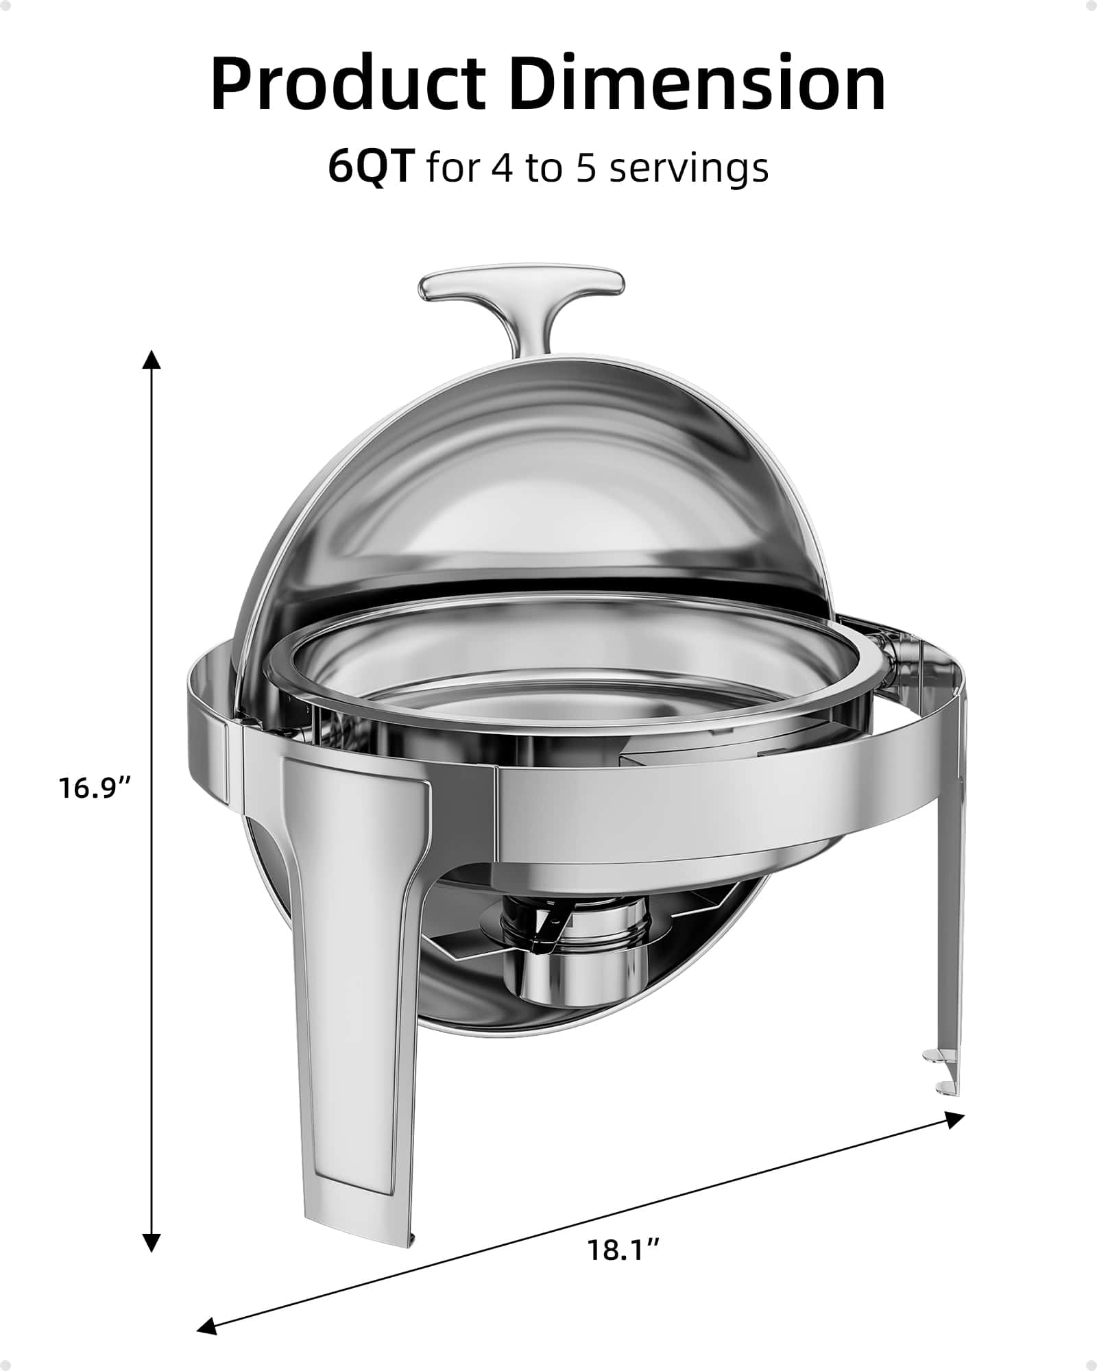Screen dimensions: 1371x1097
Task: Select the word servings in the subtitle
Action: [688, 170]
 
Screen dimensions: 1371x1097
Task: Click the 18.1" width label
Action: [623, 1251]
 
